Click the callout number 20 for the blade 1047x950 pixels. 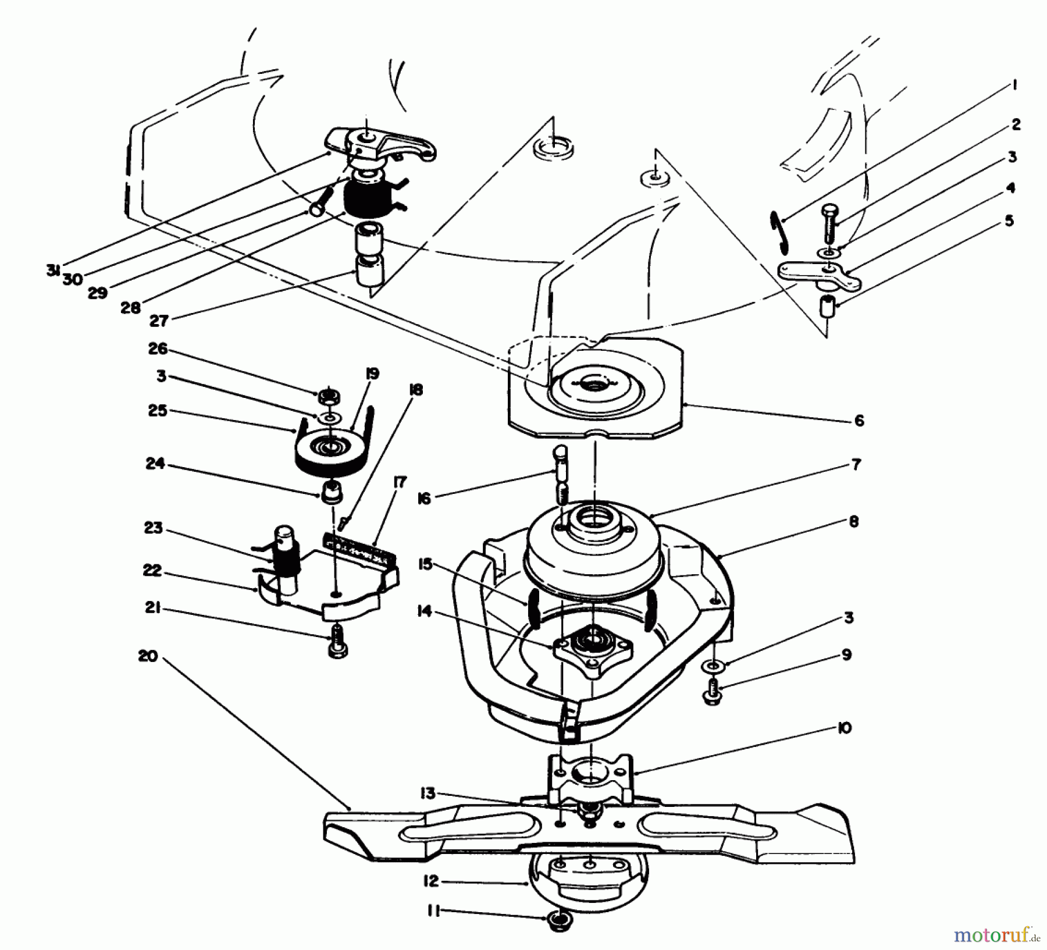coord(148,656)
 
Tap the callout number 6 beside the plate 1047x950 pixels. coord(859,420)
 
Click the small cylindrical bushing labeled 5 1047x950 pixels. coord(827,305)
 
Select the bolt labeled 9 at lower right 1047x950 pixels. coord(712,694)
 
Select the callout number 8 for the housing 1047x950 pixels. coord(853,521)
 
